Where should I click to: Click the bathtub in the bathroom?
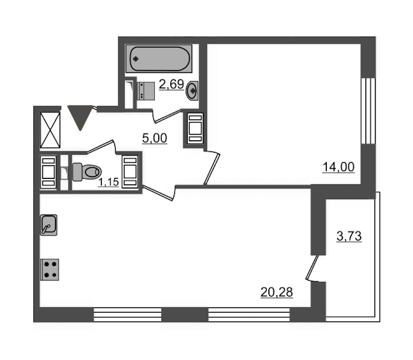point(159,59)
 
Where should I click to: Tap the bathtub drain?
point(136,59)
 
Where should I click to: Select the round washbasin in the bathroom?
point(192,91)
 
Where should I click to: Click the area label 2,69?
point(171,84)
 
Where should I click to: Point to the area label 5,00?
point(155,138)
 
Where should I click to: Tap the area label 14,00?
point(339,167)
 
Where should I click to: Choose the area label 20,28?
point(277,293)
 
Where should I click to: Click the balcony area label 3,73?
point(349,236)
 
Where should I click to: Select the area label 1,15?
point(108,182)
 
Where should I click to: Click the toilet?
point(87,172)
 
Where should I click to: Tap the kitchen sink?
point(49,225)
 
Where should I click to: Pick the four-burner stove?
point(50,270)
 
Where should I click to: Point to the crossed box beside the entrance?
point(50,130)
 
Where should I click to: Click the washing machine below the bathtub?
point(146,91)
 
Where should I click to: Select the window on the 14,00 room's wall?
point(368,111)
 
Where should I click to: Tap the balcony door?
point(312,268)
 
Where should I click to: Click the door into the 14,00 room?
point(212,168)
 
